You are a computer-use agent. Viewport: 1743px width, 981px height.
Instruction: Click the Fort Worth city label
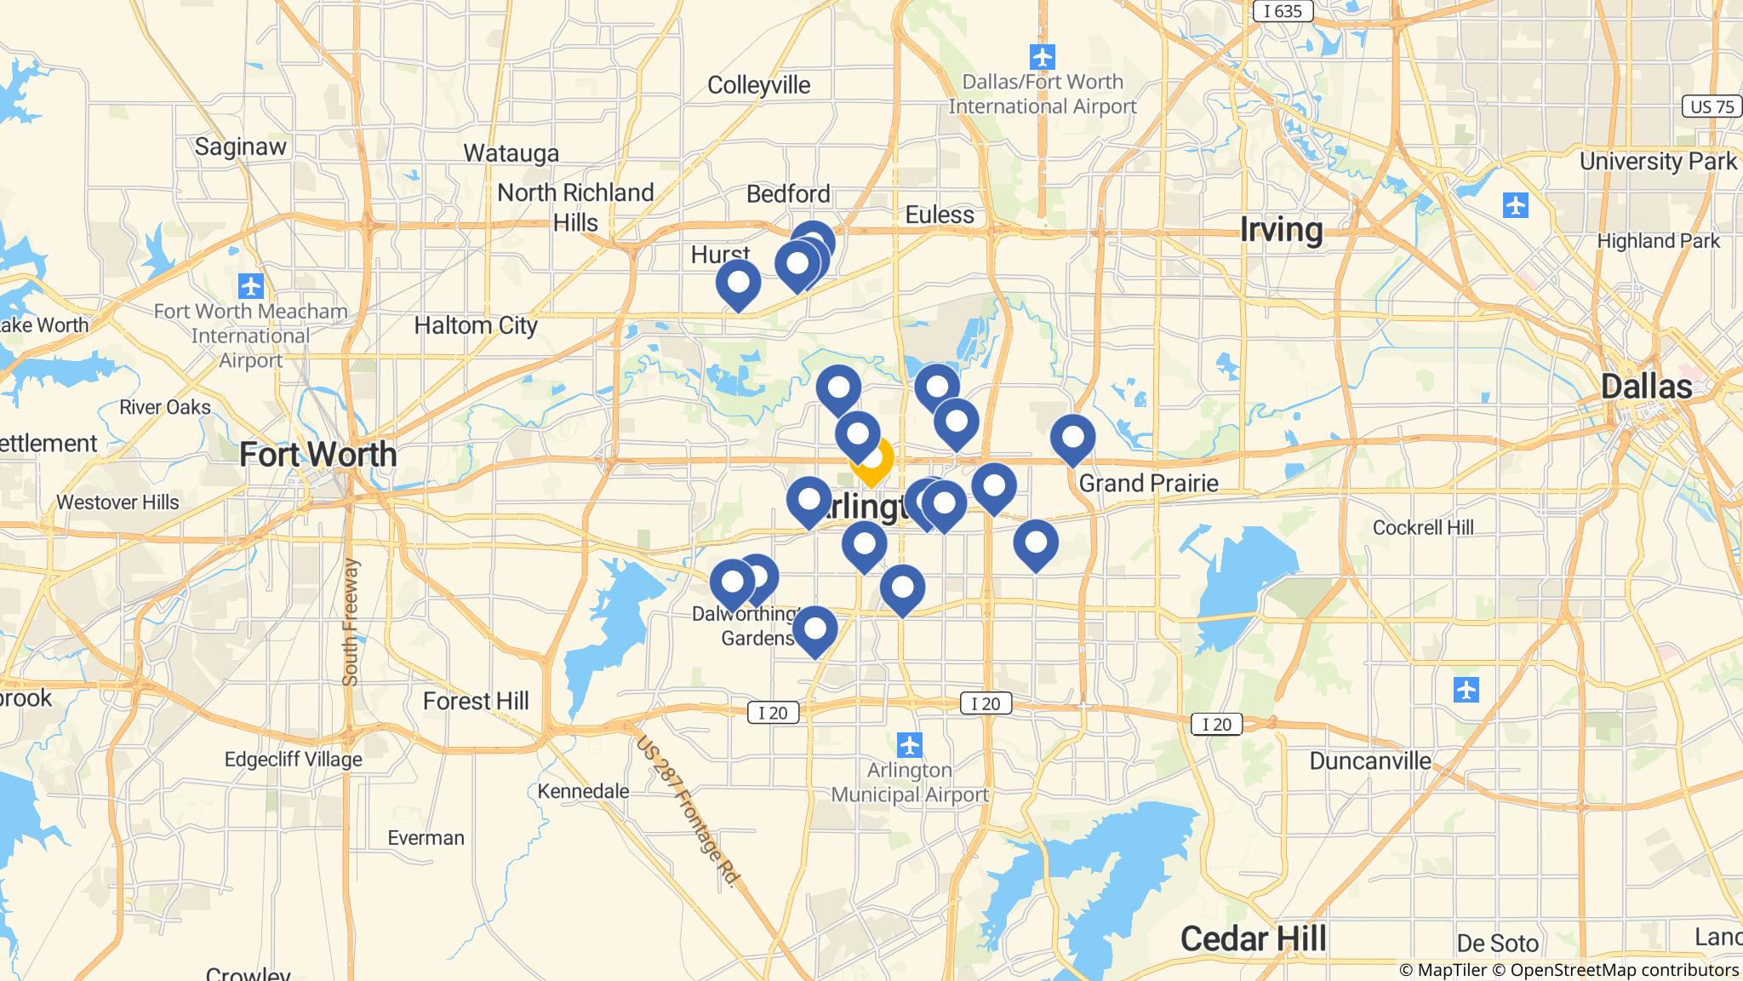click(317, 455)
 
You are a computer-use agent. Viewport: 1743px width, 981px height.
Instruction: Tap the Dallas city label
click(1646, 387)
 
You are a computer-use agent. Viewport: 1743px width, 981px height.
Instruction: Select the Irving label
click(1281, 230)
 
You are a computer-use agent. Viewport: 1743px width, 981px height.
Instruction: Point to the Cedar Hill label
click(1253, 939)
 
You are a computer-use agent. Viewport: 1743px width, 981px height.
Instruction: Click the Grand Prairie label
click(1148, 484)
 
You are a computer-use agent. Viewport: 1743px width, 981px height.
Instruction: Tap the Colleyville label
click(758, 85)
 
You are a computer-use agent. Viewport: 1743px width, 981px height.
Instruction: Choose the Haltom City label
click(476, 325)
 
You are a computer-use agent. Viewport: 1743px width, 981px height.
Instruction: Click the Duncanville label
click(1369, 760)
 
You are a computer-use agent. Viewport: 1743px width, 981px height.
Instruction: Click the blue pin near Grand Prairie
click(1072, 438)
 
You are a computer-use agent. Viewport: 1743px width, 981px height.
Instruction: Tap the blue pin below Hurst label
click(738, 283)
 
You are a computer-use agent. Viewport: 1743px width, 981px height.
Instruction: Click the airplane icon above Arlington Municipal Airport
click(910, 744)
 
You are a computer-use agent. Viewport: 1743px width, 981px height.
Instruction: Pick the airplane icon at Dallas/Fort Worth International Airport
click(1042, 58)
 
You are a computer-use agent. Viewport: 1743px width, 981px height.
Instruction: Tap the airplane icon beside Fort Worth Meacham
click(250, 284)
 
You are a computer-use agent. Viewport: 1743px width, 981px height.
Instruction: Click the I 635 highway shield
click(1283, 11)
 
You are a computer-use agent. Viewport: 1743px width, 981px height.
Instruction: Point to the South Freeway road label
click(351, 622)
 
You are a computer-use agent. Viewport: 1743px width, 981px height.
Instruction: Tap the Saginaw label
click(240, 146)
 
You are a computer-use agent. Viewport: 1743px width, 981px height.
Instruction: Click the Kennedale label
click(583, 791)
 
